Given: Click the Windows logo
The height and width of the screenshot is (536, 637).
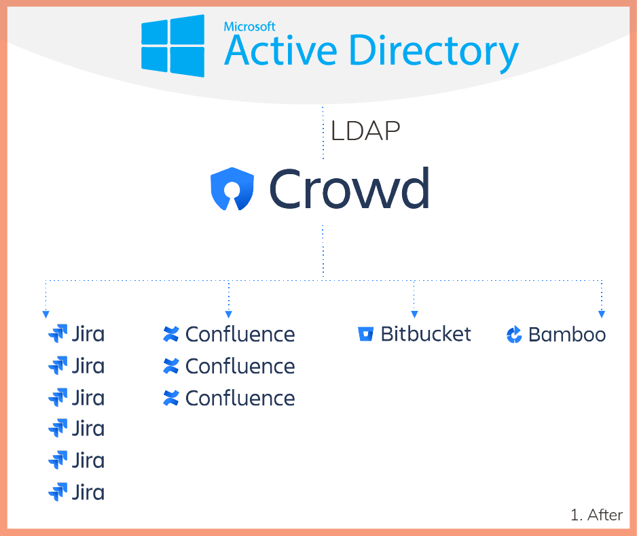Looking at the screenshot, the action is pyautogui.click(x=172, y=46).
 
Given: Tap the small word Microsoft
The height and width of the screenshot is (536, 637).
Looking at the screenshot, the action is pyautogui.click(x=249, y=27).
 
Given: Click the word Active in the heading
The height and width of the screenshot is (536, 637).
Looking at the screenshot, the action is pyautogui.click(x=280, y=50).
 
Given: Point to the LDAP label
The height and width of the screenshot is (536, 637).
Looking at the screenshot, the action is pyautogui.click(x=365, y=131).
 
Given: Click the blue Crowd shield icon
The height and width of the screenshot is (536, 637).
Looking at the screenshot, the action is pyautogui.click(x=232, y=189).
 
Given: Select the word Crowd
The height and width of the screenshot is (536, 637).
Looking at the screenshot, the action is pyautogui.click(x=349, y=188).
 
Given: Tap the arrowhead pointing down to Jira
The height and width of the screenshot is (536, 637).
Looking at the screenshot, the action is pyautogui.click(x=46, y=315).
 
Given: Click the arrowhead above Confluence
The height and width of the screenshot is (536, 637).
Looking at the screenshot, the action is pyautogui.click(x=229, y=315).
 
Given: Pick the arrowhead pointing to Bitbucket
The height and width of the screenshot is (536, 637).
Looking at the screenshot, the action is pyautogui.click(x=414, y=315).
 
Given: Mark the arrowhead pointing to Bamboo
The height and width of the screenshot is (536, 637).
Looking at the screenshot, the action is pyautogui.click(x=602, y=315).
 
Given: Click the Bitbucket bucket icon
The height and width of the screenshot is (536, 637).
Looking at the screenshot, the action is pyautogui.click(x=365, y=334).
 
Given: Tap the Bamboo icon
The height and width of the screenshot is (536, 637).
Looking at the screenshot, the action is pyautogui.click(x=514, y=335).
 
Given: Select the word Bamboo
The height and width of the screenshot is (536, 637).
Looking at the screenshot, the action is pyautogui.click(x=567, y=335).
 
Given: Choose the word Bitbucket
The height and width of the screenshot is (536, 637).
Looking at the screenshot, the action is pyautogui.click(x=426, y=334).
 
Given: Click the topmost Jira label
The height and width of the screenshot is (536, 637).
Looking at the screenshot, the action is pyautogui.click(x=88, y=334).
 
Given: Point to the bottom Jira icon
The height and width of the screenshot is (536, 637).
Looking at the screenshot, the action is pyautogui.click(x=58, y=492).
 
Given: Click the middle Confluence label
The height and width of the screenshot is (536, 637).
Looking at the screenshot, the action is pyautogui.click(x=240, y=366).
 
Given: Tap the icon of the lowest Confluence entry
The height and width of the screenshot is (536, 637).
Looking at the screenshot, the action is pyautogui.click(x=171, y=398).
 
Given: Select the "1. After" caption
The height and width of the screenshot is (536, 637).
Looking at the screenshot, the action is pyautogui.click(x=596, y=515).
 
